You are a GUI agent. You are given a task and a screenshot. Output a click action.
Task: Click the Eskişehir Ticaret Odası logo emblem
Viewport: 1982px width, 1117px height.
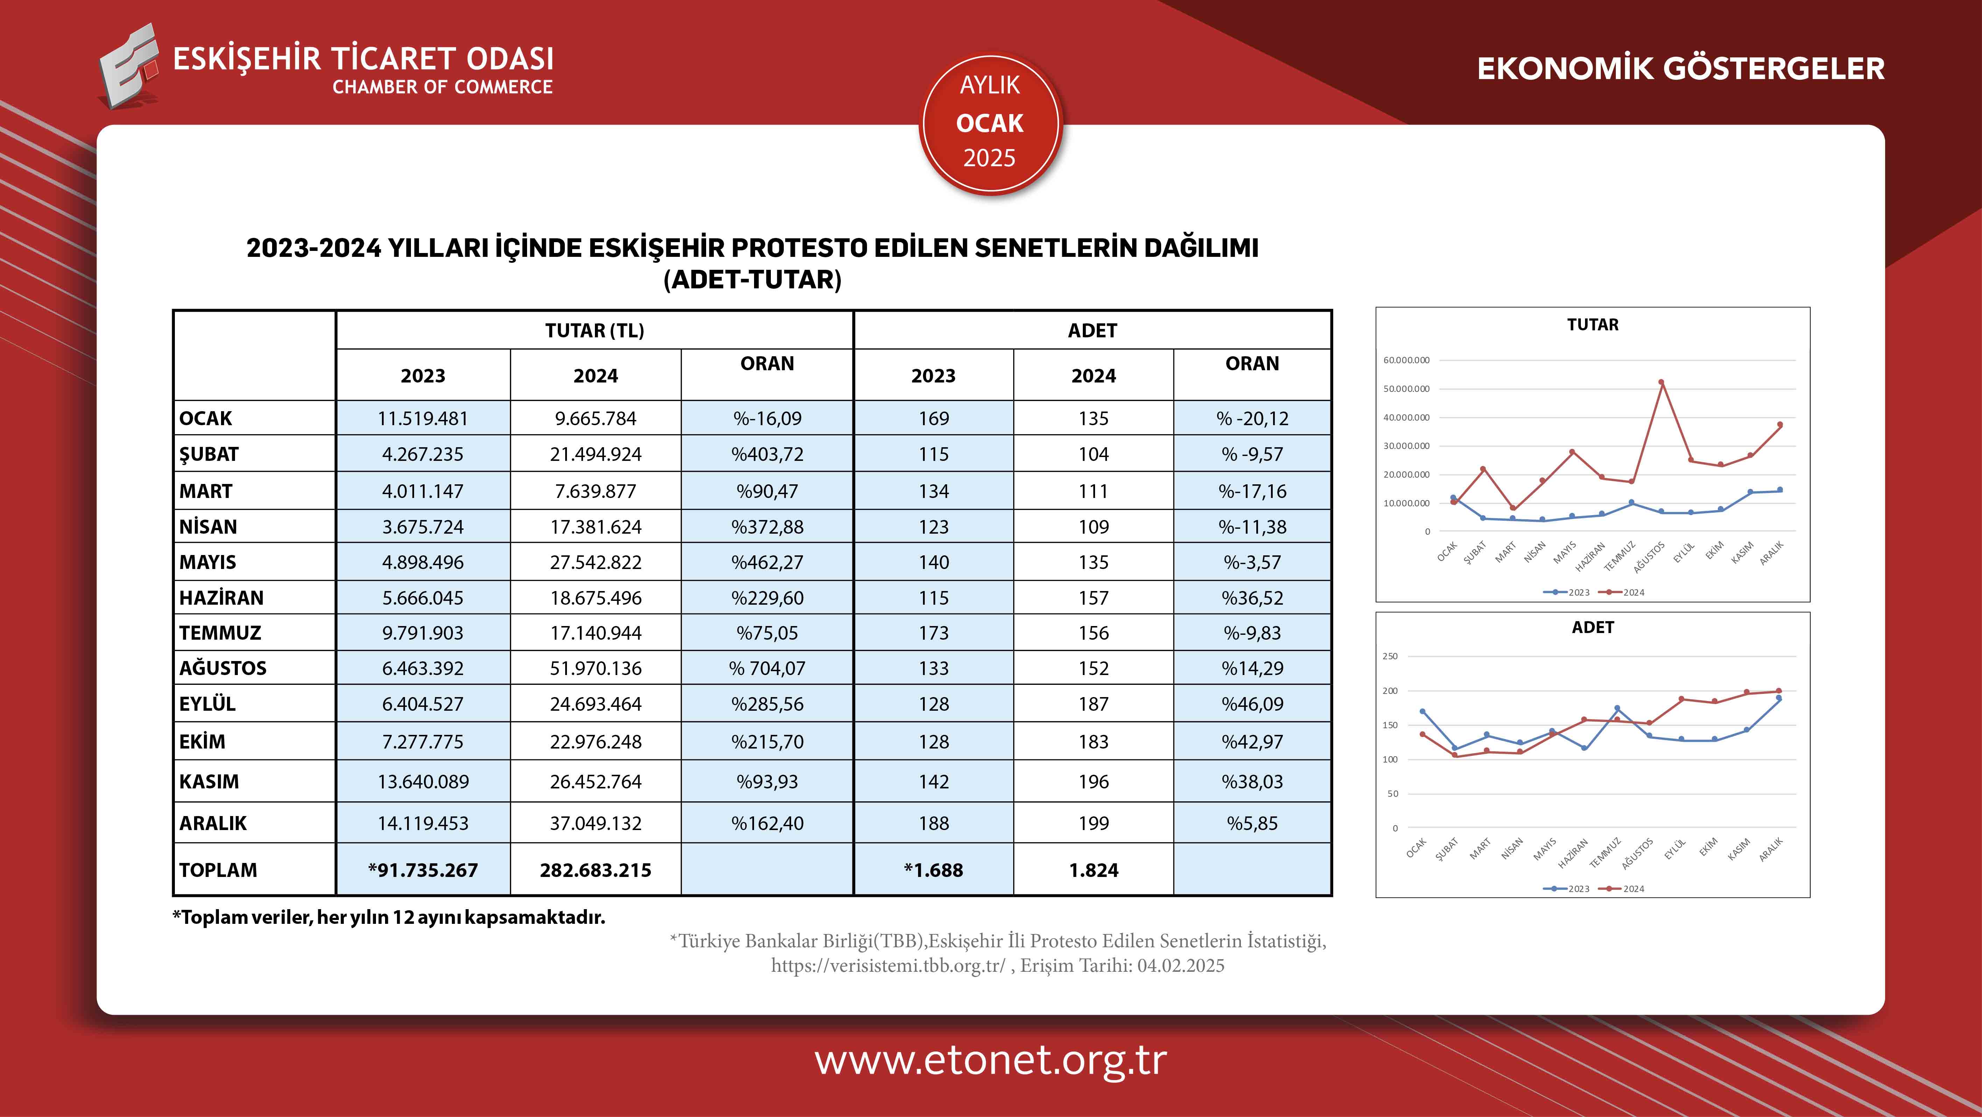pyautogui.click(x=129, y=67)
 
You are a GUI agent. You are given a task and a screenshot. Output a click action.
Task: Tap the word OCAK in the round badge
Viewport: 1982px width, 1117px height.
pyautogui.click(x=989, y=123)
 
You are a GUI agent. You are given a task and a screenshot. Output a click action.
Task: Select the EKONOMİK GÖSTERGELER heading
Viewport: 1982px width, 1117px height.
pyautogui.click(x=1681, y=69)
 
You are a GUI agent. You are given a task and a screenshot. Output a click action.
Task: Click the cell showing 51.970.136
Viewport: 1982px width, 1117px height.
pyautogui.click(x=596, y=668)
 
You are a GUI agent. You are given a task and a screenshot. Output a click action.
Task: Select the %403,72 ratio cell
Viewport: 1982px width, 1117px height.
pyautogui.click(x=767, y=454)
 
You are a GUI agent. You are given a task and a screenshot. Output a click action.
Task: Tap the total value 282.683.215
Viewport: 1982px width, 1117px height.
pyautogui.click(x=596, y=870)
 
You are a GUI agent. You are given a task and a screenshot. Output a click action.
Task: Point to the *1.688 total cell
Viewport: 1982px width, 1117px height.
pyautogui.click(x=933, y=870)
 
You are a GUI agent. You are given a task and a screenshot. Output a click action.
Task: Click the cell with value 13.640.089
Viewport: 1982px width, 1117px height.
pyautogui.click(x=423, y=781)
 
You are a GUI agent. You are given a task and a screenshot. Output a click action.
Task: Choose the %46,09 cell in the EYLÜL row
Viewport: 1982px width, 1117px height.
pyautogui.click(x=1252, y=704)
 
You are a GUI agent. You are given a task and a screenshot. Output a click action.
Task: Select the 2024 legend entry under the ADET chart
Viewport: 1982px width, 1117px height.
pyautogui.click(x=1624, y=888)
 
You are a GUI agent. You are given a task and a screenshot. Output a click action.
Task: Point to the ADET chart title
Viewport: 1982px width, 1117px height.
pyautogui.click(x=1592, y=627)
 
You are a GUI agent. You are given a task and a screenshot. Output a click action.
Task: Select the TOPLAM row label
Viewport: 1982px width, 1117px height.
pyautogui.click(x=219, y=870)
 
